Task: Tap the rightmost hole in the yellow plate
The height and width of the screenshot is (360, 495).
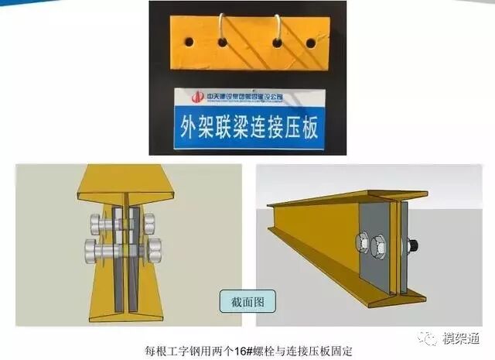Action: click(311, 42)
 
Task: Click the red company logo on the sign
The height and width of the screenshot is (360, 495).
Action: click(198, 98)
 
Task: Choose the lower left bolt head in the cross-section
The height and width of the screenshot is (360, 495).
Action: click(95, 250)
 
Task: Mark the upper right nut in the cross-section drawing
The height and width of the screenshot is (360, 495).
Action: click(148, 222)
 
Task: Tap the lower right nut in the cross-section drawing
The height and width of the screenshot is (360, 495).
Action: click(155, 249)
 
